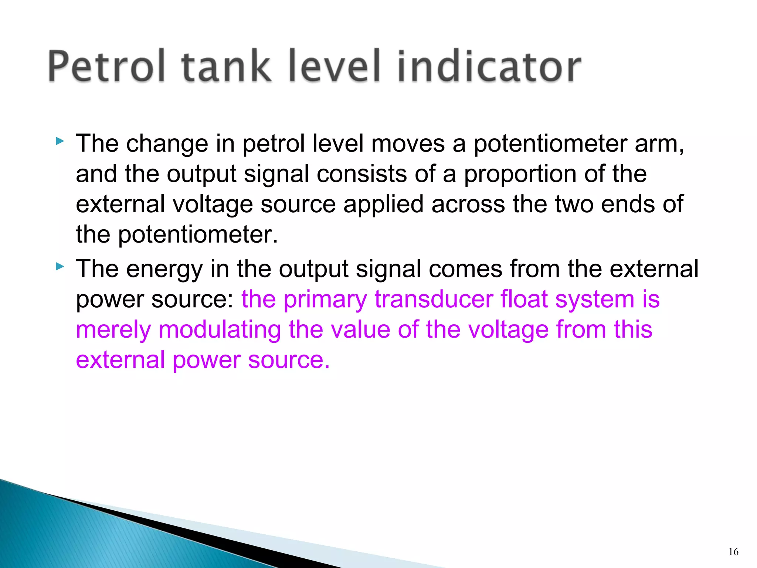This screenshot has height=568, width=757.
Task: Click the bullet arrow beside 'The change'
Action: (x=60, y=141)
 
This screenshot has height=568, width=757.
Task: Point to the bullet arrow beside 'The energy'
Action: (x=60, y=266)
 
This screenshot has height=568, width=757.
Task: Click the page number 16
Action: (x=733, y=552)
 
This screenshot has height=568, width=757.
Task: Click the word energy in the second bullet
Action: (x=164, y=270)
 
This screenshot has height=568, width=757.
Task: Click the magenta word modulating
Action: (x=220, y=330)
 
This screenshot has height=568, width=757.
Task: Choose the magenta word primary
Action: (x=325, y=300)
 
